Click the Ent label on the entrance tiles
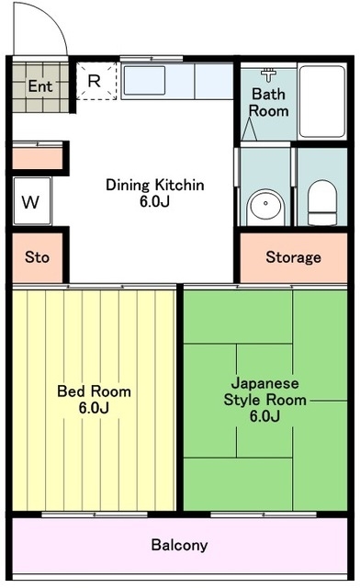(40, 86)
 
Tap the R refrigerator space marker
(94, 81)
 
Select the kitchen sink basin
(144, 81)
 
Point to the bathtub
(322, 101)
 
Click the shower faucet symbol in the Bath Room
(268, 74)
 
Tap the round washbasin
(265, 204)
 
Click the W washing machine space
(32, 201)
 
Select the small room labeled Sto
(38, 257)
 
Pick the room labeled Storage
(293, 257)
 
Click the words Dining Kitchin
(155, 185)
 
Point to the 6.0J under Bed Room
(94, 408)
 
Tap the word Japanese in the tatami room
(265, 384)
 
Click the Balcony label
(179, 545)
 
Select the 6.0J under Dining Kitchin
(155, 201)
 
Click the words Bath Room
(268, 102)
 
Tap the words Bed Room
(94, 391)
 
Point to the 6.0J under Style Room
(265, 416)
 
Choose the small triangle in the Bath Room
(249, 130)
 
